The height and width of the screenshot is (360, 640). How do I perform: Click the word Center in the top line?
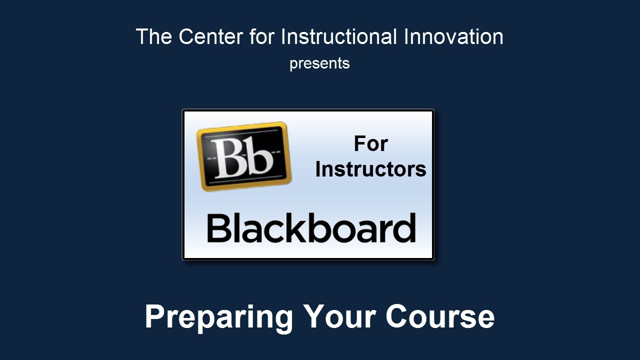pos(211,36)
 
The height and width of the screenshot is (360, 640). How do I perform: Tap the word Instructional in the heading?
pos(339,36)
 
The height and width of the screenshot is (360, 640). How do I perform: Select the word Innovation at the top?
pos(453,36)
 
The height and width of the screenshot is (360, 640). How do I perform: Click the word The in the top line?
pos(154,36)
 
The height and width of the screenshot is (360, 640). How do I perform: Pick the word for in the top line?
pos(262,36)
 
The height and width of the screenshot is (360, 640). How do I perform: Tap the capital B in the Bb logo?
pos(228,158)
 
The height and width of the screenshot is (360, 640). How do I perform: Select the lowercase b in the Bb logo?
pos(258,157)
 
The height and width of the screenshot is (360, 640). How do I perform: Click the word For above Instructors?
pos(371,143)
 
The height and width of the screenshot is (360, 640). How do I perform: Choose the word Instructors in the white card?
pos(371,169)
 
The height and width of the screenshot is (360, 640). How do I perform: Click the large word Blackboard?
pos(311,227)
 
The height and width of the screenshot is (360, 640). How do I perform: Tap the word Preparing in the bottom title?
pos(219,317)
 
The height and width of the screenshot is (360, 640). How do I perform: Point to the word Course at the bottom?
pos(440,316)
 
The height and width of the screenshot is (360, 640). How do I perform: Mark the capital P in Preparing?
pos(156,316)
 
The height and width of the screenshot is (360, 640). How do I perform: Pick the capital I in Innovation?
pos(405,36)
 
